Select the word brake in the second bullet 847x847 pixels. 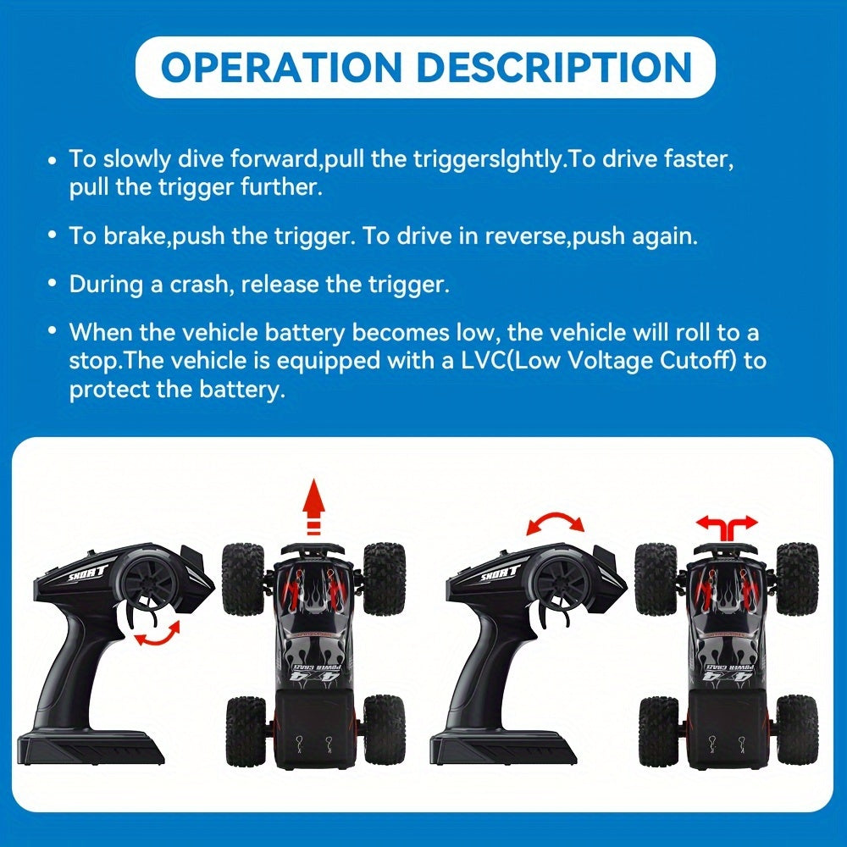[136, 235]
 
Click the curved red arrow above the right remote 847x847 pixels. [555, 521]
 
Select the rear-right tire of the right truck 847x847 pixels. [796, 730]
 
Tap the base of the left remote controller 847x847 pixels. [91, 747]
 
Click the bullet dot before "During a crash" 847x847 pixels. [53, 285]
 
